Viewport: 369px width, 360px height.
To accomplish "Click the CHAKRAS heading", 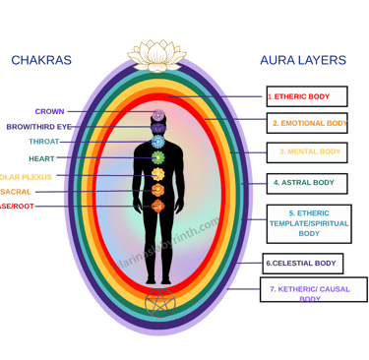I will pos(41,61).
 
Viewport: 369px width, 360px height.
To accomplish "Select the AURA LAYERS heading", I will pos(302,61).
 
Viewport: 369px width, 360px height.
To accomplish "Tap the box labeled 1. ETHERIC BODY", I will pos(306,96).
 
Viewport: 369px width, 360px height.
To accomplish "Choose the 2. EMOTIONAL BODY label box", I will pos(307,124).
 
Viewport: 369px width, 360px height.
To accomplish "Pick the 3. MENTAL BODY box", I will pos(306,152).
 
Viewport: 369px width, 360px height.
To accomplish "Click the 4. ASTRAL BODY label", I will pos(305,183).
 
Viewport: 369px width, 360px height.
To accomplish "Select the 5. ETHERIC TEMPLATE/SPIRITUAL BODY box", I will pos(308,223).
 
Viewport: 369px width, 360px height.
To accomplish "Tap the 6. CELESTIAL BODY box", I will pos(302,264).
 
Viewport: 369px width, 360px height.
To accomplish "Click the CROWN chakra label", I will pos(50,111).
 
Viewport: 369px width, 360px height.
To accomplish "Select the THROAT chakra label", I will pos(44,142).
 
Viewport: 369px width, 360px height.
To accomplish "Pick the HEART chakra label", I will pos(42,158).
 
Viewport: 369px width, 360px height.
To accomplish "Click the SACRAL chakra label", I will pos(16,192).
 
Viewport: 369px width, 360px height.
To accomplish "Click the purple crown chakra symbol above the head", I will pos(157,114).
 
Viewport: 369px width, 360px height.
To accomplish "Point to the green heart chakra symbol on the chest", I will pos(157,158).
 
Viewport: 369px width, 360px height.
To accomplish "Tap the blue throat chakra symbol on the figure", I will pos(157,142).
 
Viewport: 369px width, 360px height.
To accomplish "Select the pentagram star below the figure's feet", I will pos(157,304).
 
